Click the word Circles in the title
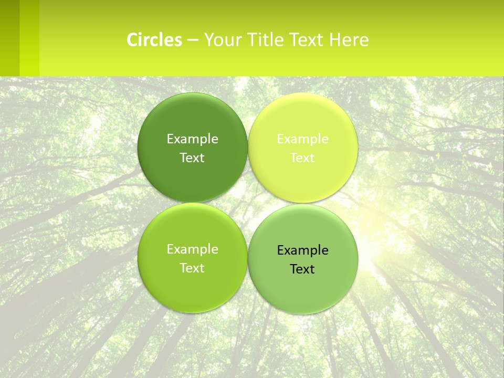(154, 40)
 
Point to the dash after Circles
(193, 40)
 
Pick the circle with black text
(303, 283)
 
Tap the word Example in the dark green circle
(192, 139)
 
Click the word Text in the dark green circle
(192, 158)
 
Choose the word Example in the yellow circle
(302, 139)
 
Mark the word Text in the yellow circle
(302, 158)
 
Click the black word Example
(302, 250)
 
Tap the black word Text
(302, 269)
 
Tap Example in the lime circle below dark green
(192, 249)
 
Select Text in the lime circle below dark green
(192, 268)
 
